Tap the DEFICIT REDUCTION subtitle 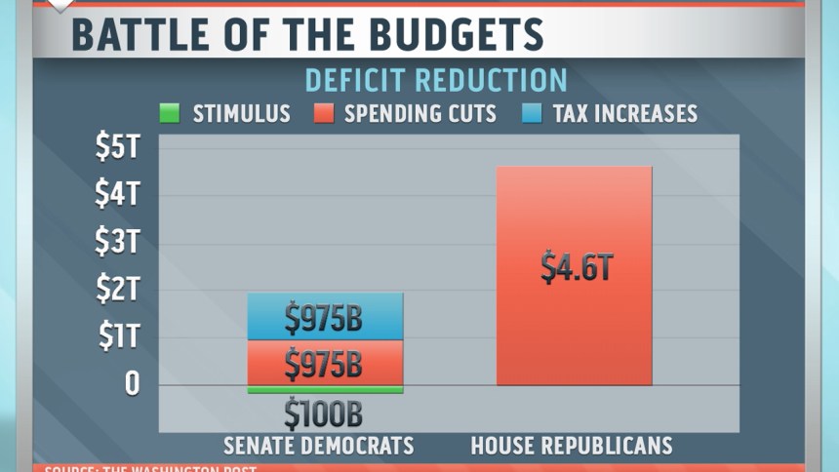pyautogui.click(x=436, y=80)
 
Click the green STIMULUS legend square pyautogui.click(x=170, y=113)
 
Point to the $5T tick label pyautogui.click(x=117, y=147)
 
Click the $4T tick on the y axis pyautogui.click(x=117, y=194)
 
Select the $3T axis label pyautogui.click(x=117, y=242)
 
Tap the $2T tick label pyautogui.click(x=117, y=290)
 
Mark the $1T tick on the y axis pyautogui.click(x=117, y=336)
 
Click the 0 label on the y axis pyautogui.click(x=131, y=384)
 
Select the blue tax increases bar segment pyautogui.click(x=324, y=316)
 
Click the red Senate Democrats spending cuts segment pyautogui.click(x=324, y=363)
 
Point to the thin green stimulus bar pyautogui.click(x=324, y=390)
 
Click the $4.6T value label pyautogui.click(x=577, y=266)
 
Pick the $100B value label pyautogui.click(x=323, y=414)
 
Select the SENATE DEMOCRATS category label pyautogui.click(x=319, y=447)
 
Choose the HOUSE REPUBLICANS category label pyautogui.click(x=572, y=447)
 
